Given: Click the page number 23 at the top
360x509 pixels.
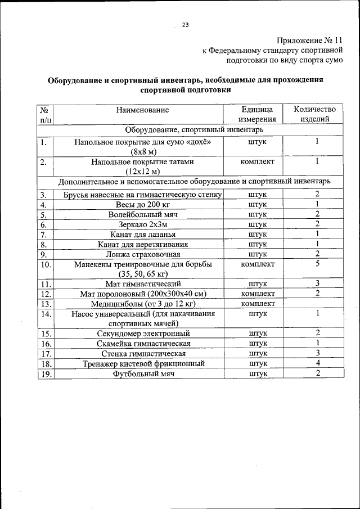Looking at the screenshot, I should (185, 24).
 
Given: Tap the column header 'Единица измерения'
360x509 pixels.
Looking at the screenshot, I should (257, 114).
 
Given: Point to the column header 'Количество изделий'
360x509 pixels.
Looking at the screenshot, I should (318, 114).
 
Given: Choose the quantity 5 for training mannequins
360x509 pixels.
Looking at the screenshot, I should (318, 263).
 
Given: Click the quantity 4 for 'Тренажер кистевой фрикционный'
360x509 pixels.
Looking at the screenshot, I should (318, 363).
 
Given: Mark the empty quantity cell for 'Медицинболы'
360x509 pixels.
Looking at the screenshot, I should (318, 304).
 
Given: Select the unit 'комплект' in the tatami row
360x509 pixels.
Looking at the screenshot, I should (258, 162).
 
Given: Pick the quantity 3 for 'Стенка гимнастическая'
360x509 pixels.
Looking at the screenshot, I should (318, 353).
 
